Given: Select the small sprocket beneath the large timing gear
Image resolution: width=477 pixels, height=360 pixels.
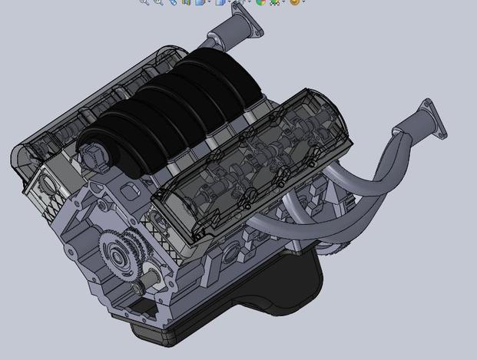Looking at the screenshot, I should (x=139, y=289).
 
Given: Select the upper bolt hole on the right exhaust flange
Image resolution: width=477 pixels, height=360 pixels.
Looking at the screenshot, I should (x=427, y=103).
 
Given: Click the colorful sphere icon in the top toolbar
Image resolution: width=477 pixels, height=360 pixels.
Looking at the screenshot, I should (x=261, y=2).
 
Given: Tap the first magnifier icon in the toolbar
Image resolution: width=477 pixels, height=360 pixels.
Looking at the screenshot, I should (x=144, y=2).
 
